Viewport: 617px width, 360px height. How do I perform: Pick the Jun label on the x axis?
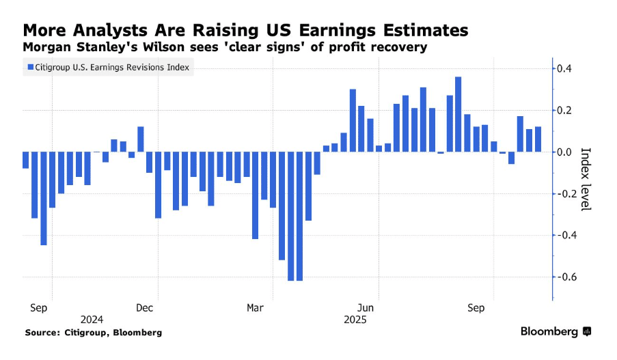click(366, 308)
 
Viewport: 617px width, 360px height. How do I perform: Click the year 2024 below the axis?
click(92, 320)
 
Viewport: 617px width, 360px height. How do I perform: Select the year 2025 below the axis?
click(355, 320)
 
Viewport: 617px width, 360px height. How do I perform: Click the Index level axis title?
click(585, 179)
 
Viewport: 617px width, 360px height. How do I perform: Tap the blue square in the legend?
click(29, 67)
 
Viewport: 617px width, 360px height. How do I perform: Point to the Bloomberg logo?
click(555, 331)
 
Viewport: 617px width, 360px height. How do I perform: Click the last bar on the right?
click(538, 139)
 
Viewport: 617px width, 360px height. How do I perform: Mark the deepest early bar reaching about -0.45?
click(43, 198)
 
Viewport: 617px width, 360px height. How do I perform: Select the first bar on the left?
click(25, 160)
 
